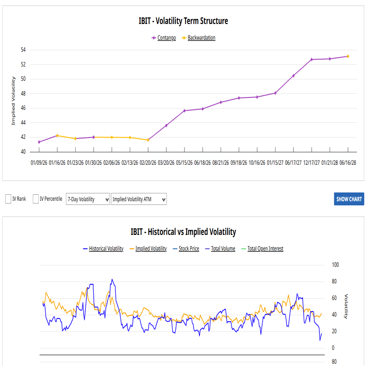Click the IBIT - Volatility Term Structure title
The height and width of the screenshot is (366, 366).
[183, 21]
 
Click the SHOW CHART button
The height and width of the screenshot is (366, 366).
[349, 199]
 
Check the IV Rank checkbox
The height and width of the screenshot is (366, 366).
[8, 199]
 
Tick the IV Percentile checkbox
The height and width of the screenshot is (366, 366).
[36, 199]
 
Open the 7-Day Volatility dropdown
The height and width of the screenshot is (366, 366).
[88, 199]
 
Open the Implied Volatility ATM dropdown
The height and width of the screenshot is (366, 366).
[138, 199]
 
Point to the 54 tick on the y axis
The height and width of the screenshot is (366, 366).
[23, 50]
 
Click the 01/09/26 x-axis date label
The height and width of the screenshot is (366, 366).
[39, 163]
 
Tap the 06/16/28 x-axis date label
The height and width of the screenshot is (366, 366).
[348, 163]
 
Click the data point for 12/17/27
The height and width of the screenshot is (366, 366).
[312, 60]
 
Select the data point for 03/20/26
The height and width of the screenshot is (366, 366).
[166, 126]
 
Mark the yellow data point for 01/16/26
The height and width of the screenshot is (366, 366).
[57, 136]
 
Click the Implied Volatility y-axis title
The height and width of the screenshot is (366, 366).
[13, 101]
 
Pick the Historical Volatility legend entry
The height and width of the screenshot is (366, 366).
[106, 249]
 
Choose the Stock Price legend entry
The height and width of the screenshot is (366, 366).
[189, 249]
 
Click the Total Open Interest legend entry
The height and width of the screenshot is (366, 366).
[265, 249]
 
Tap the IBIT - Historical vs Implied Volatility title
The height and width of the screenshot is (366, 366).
[183, 232]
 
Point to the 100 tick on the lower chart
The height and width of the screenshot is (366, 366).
[336, 265]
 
